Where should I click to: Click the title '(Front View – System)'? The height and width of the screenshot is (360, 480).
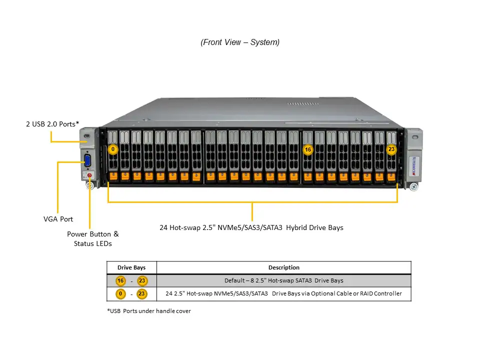(240, 42)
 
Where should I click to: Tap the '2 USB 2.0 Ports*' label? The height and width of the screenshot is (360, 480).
(52, 123)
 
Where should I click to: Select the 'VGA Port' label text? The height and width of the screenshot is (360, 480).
(58, 219)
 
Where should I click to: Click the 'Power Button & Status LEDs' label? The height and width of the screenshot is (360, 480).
(93, 238)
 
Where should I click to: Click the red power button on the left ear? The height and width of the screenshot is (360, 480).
(89, 175)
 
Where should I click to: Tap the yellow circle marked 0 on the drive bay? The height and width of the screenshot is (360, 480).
(113, 149)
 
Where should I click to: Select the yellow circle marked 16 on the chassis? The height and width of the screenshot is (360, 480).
(307, 149)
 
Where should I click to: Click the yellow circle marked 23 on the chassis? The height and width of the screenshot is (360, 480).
(391, 149)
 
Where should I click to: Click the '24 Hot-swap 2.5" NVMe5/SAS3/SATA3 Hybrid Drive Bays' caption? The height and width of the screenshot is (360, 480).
(251, 227)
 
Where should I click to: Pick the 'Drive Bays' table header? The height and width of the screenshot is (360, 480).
(131, 267)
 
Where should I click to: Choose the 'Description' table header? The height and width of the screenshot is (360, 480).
(283, 267)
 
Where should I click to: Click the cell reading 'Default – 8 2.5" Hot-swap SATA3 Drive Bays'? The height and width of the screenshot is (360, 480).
(283, 280)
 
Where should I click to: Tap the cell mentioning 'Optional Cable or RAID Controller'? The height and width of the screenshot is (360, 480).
(283, 293)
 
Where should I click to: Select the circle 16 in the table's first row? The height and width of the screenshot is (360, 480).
(120, 281)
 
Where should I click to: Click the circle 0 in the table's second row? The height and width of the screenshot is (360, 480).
(120, 294)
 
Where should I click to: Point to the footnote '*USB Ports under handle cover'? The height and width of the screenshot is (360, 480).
(148, 311)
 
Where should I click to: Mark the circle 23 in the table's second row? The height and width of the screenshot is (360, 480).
(141, 294)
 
